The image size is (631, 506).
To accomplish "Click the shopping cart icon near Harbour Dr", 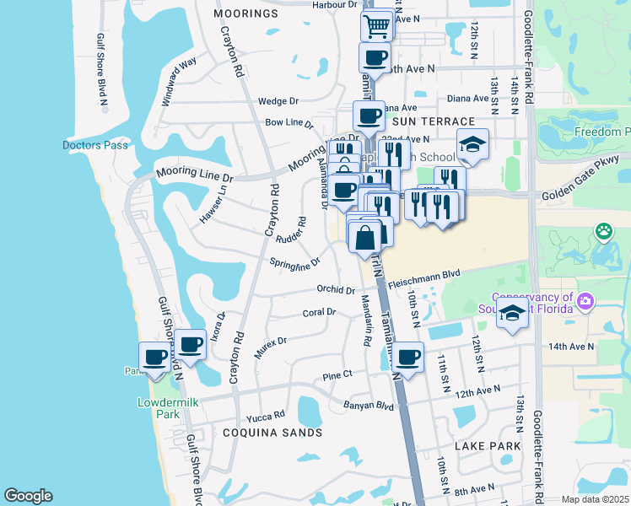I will [377, 26].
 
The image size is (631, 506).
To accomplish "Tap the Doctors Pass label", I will [95, 145].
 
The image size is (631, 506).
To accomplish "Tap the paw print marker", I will [604, 230].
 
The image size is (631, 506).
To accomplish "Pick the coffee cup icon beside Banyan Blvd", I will [408, 357].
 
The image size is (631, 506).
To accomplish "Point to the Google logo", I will [29, 496].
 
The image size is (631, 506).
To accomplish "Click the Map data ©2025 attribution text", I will [595, 499].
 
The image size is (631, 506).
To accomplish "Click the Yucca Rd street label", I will [262, 418].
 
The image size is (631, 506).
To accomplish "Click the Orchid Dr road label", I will [335, 290].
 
